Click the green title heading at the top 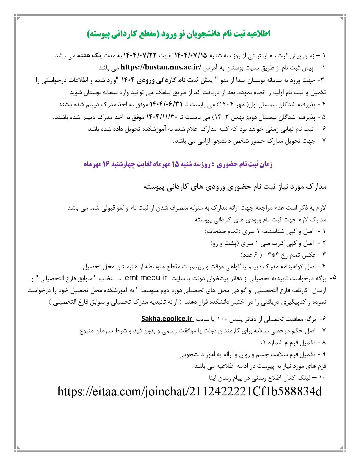pos(178,34)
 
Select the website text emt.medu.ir pos(146,278)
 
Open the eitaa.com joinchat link pos(189,392)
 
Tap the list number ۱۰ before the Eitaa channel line pos(323,377)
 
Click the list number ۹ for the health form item pos(324,354)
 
